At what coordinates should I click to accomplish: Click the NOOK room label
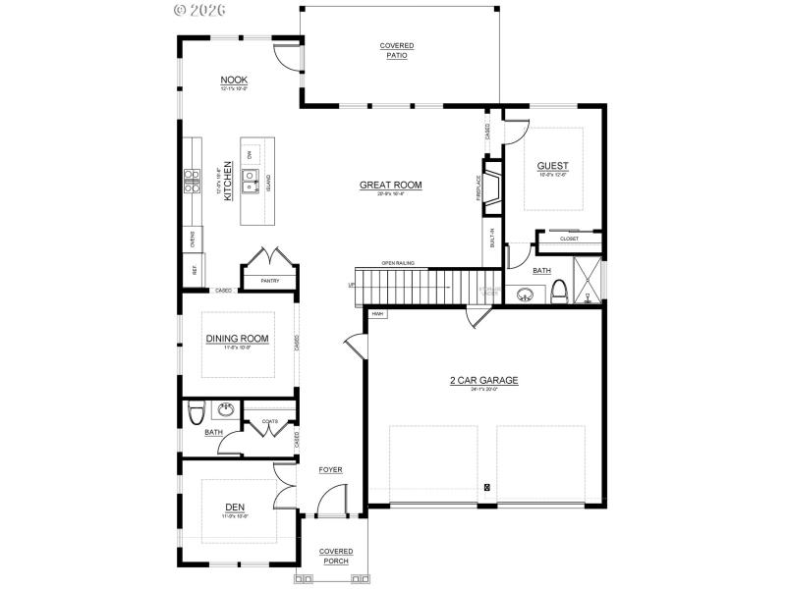(233, 80)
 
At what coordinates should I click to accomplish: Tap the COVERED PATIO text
(397, 51)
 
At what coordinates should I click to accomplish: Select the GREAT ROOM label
(390, 185)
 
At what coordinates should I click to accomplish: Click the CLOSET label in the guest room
(569, 239)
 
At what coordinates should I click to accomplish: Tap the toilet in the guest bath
(560, 291)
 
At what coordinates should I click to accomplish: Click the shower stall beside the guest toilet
(588, 281)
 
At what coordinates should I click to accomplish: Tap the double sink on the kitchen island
(251, 180)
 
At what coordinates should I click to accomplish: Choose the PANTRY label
(270, 281)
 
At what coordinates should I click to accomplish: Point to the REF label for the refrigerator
(192, 269)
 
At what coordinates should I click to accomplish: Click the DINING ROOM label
(236, 340)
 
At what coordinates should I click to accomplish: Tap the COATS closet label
(269, 421)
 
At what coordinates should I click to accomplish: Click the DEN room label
(234, 508)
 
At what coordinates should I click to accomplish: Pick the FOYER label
(330, 470)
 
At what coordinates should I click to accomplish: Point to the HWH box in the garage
(377, 314)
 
